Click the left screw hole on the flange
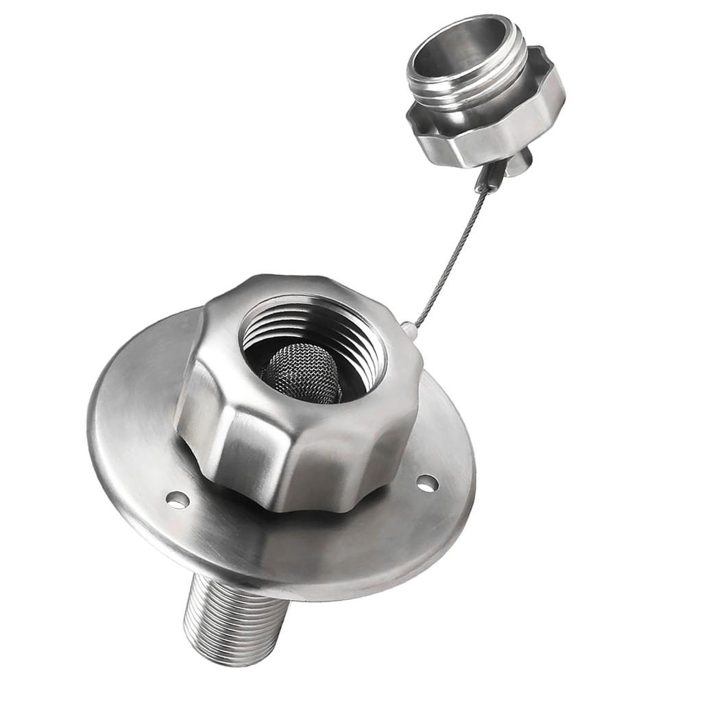[178, 500]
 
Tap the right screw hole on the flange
[427, 483]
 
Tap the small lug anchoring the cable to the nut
[409, 330]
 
